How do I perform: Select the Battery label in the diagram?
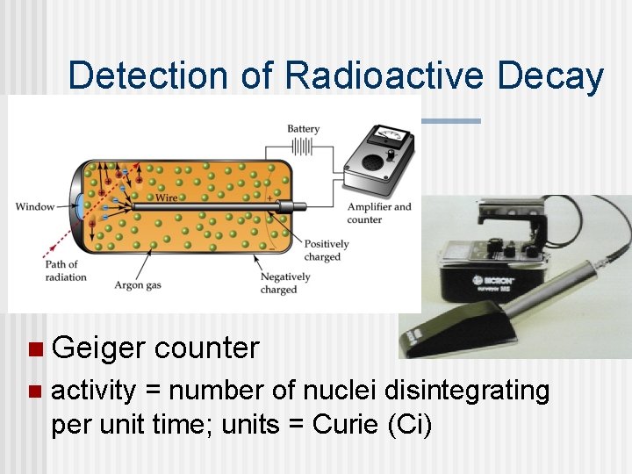click(303, 129)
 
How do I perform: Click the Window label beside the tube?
click(34, 207)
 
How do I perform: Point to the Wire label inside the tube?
click(166, 197)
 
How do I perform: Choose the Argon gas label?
click(141, 285)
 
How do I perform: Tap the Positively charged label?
click(327, 251)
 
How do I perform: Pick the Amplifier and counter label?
click(379, 212)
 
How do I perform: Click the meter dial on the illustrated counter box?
click(386, 137)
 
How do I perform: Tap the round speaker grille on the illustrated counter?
click(371, 162)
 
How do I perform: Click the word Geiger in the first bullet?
click(98, 348)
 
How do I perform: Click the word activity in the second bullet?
click(93, 391)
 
